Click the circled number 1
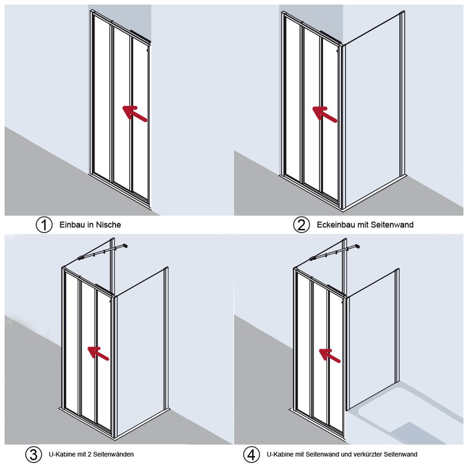pyautogui.click(x=44, y=225)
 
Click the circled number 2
pyautogui.click(x=301, y=225)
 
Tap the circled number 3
pyautogui.click(x=33, y=454)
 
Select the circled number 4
pyautogui.click(x=251, y=454)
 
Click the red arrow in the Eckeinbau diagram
pyautogui.click(x=325, y=114)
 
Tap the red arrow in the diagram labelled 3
pyautogui.click(x=98, y=353)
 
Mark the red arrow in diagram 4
pyautogui.click(x=330, y=355)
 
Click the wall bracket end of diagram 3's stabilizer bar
pyautogui.click(x=125, y=246)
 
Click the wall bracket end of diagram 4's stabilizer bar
pyautogui.click(x=357, y=246)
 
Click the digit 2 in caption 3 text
pyautogui.click(x=89, y=454)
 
